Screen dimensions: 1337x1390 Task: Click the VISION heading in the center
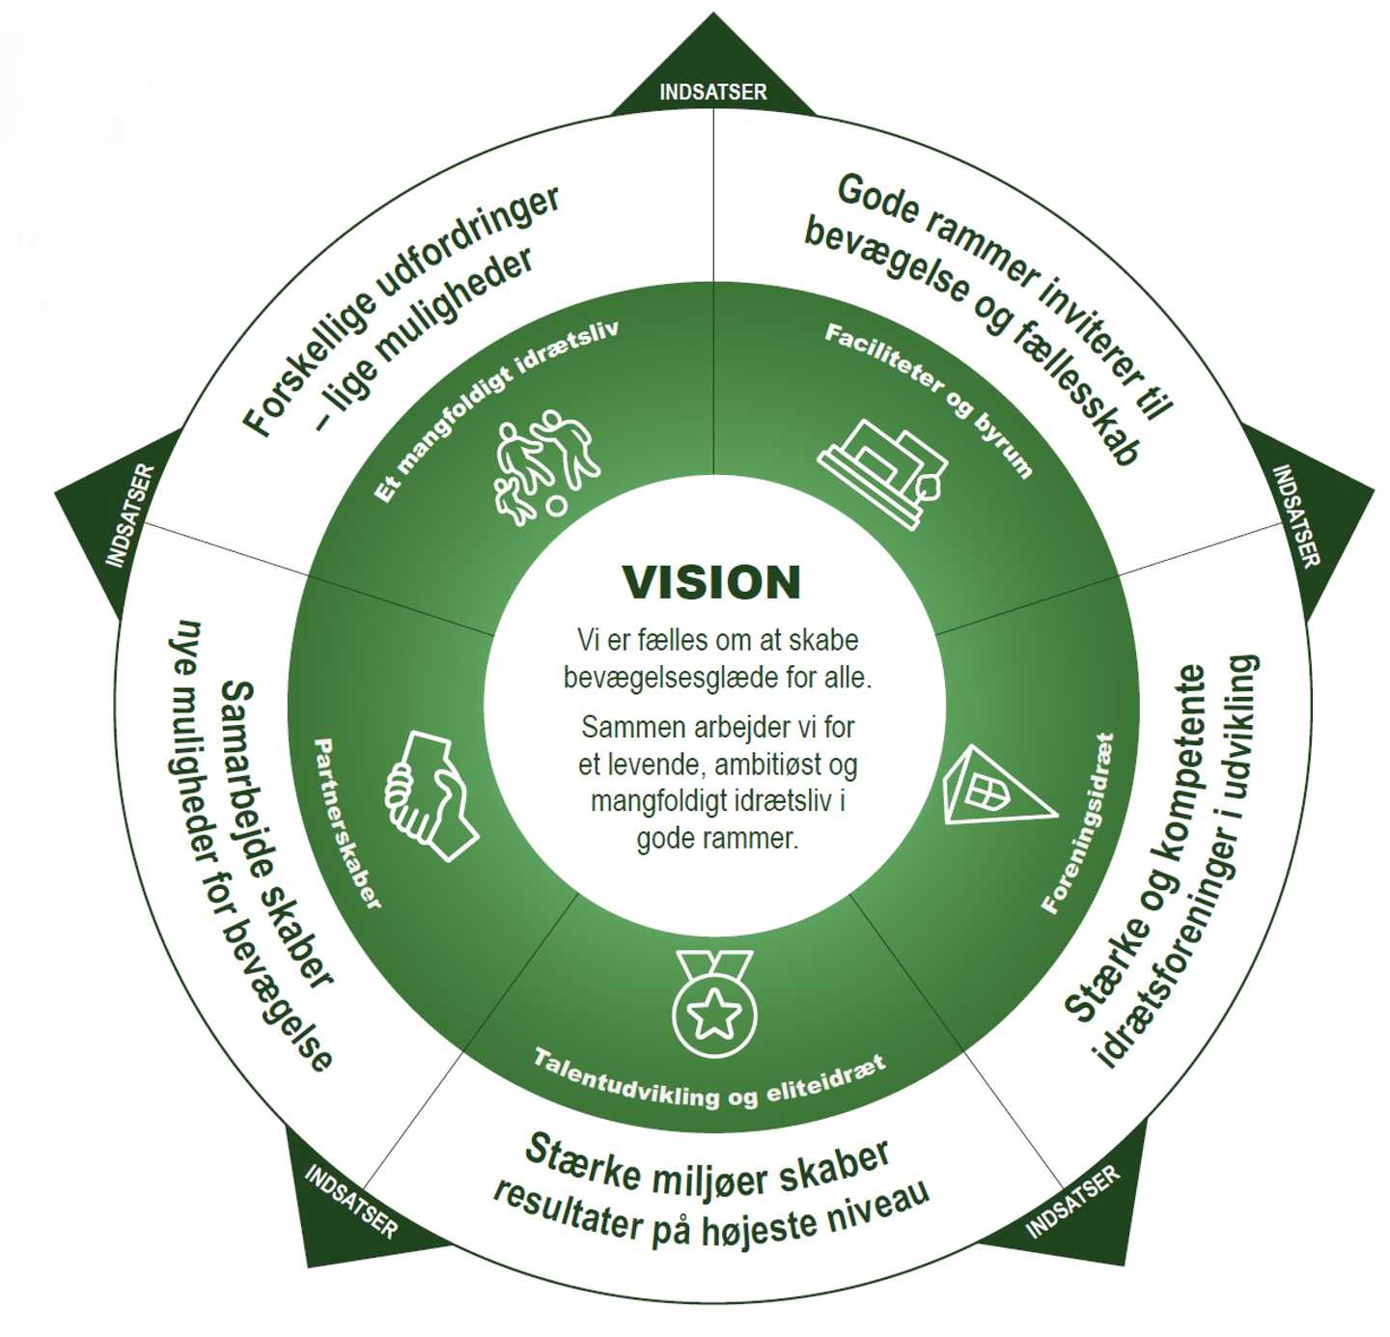click(711, 583)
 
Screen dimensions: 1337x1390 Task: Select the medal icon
click(714, 1004)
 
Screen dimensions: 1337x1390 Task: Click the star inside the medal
click(714, 1015)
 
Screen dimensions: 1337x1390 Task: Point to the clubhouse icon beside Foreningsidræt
click(992, 788)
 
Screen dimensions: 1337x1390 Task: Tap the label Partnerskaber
click(347, 823)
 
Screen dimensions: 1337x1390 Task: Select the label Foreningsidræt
click(1079, 823)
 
